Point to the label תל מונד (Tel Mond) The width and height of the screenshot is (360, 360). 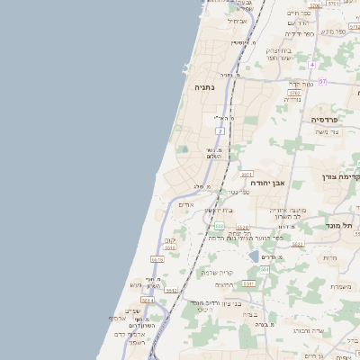click(x=344, y=224)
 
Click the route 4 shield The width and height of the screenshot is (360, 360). click(x=312, y=65)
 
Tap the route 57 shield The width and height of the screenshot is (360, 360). click(x=322, y=81)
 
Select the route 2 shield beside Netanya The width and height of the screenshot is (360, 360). click(x=220, y=131)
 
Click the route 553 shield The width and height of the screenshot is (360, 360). click(x=219, y=227)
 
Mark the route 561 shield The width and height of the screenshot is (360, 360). click(x=265, y=269)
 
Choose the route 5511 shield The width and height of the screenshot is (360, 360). click(x=248, y=283)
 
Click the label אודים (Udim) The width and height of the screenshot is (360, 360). click(x=185, y=204)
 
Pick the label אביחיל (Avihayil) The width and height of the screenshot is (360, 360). click(x=237, y=20)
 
